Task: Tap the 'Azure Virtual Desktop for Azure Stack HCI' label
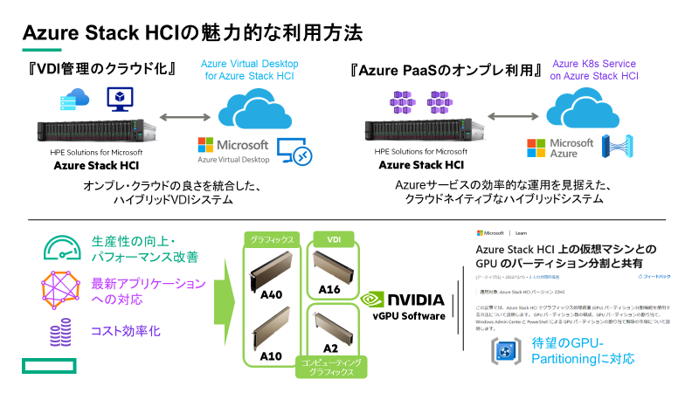[250, 70]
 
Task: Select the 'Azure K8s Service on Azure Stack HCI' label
[594, 70]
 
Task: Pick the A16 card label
[329, 289]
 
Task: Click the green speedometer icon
[59, 248]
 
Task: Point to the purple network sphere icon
[59, 290]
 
